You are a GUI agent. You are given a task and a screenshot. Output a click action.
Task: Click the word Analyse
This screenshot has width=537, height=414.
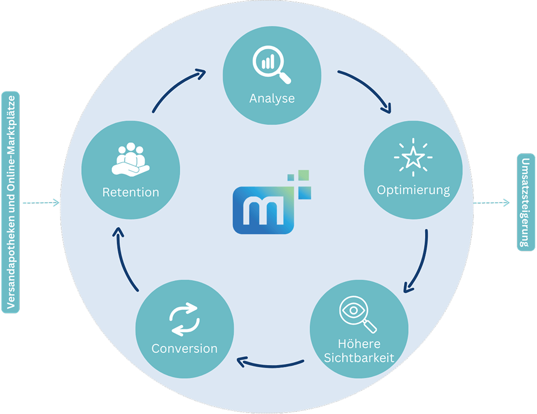point(272,99)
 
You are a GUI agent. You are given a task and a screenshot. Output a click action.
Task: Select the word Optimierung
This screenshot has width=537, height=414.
point(413,190)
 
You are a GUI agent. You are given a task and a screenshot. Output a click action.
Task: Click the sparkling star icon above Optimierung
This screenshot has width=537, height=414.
point(413,158)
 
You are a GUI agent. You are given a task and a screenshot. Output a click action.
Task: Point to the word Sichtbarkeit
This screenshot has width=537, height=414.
point(359,357)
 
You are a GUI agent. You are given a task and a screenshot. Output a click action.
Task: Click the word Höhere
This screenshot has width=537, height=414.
point(359,343)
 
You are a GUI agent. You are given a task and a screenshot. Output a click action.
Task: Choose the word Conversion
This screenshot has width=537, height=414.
point(185,348)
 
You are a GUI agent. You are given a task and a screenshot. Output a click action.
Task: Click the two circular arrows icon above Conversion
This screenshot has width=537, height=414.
point(184,319)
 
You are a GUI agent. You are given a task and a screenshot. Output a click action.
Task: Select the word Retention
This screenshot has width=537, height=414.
point(131,192)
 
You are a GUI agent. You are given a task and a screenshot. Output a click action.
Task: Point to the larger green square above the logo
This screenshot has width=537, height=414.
point(303,175)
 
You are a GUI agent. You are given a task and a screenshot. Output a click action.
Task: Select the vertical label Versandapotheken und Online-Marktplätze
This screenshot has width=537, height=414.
point(11,202)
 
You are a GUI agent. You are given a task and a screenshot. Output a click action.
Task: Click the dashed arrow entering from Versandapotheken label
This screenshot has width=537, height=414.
point(40,203)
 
